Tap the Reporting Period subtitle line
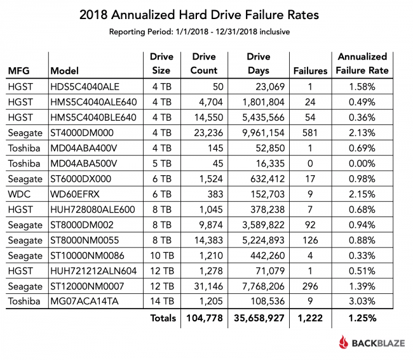pos(206,32)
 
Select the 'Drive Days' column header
pos(259,63)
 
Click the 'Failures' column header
pos(309,70)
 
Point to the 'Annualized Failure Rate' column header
pos(362,63)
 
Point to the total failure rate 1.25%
pos(362,317)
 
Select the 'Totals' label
pos(162,317)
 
